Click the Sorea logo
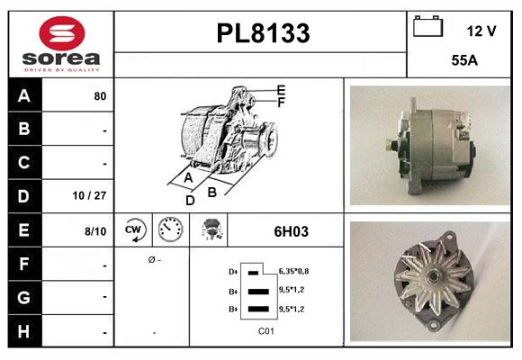[x=59, y=42]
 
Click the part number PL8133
[x=263, y=33]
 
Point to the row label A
[x=23, y=94]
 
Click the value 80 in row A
[x=101, y=95]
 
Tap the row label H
[x=23, y=332]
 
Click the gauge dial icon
[x=169, y=230]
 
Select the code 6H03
[x=291, y=231]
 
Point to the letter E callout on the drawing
[x=281, y=90]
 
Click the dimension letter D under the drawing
[x=190, y=201]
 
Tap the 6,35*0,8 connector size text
[x=296, y=270]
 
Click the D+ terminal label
[x=234, y=271]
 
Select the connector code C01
[x=265, y=331]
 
